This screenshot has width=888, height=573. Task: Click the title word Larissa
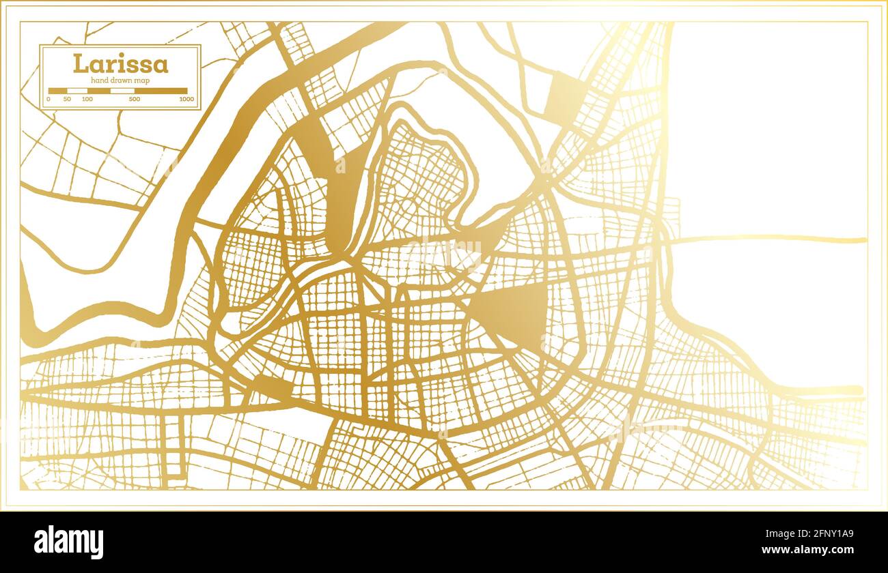click(120, 64)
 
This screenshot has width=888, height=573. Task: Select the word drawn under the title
click(122, 80)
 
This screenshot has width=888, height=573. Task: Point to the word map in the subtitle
click(142, 80)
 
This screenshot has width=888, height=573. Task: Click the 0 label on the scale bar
click(48, 100)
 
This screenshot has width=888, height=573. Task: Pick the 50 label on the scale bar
click(67, 100)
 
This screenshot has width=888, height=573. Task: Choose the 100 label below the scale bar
click(87, 100)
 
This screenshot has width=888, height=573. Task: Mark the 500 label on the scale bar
click(135, 100)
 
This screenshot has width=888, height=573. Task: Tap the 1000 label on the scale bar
click(186, 100)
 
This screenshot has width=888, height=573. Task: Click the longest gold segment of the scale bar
click(161, 91)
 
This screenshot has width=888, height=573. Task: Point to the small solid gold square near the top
click(564, 95)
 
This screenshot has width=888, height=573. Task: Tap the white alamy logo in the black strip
click(69, 542)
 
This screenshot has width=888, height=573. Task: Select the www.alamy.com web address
click(807, 550)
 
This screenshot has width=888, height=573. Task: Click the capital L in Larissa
click(80, 64)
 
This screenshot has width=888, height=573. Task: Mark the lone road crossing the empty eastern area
click(765, 239)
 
